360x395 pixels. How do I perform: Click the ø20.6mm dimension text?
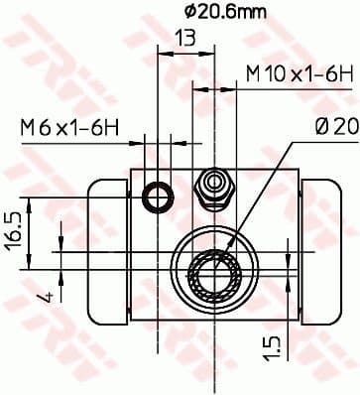211,11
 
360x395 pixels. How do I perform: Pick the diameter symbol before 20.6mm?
165,11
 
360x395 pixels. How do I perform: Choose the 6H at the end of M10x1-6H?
340,74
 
